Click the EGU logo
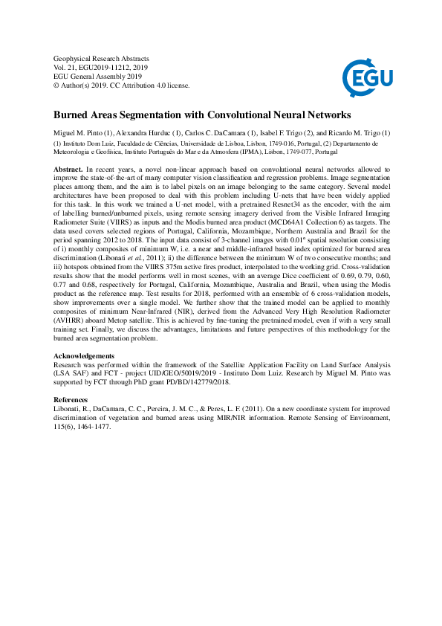coord(367,75)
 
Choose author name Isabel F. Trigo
coord(259,132)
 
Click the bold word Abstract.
coord(68,170)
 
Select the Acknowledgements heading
coord(84,356)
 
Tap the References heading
coord(71,399)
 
